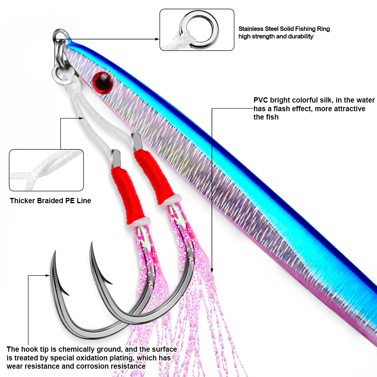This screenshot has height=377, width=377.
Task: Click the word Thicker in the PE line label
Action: pyautogui.click(x=22, y=201)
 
